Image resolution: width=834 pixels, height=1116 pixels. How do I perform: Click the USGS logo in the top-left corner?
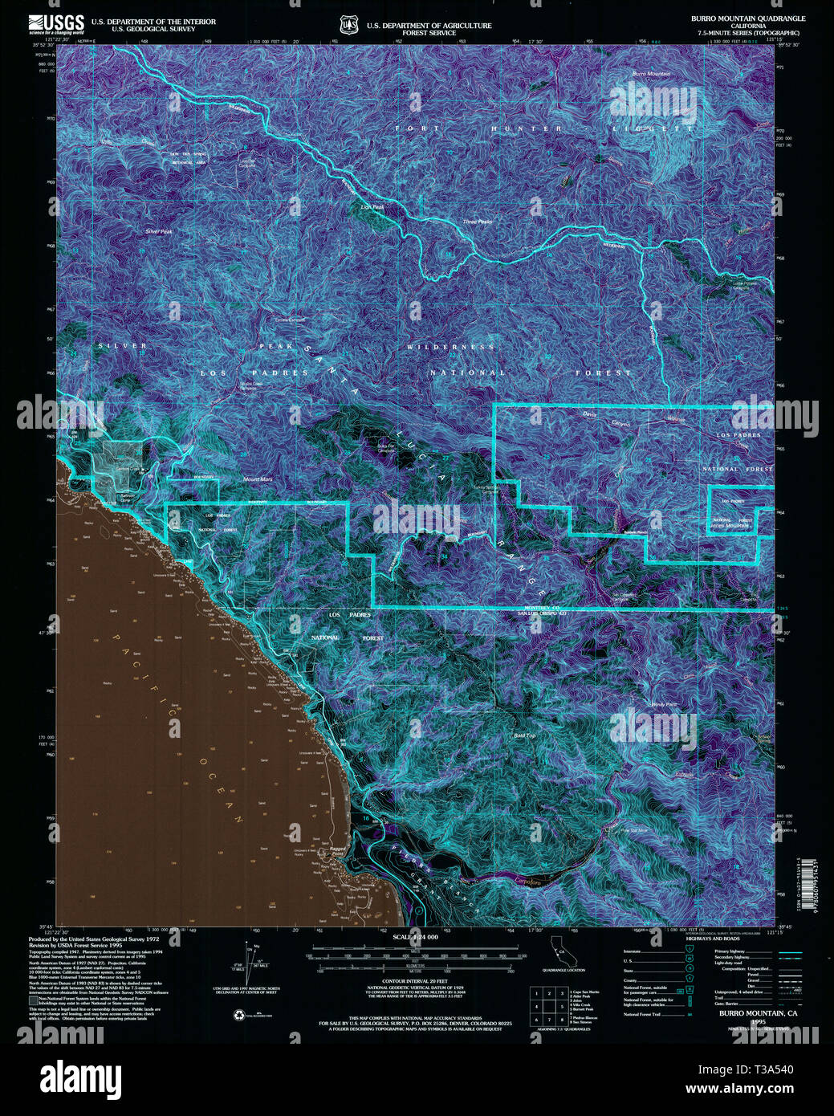(56, 23)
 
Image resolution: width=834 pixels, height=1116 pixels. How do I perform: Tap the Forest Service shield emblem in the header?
(348, 26)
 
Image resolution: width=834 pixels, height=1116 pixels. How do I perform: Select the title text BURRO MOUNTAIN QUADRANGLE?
(747, 18)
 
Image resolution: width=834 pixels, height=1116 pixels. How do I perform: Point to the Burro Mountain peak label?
(651, 74)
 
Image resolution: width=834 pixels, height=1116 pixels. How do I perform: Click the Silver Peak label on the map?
(159, 231)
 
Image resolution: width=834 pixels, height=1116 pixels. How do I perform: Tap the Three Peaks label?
(478, 222)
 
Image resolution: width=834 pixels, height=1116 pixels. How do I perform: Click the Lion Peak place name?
(372, 207)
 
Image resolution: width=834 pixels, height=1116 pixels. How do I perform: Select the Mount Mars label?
(258, 479)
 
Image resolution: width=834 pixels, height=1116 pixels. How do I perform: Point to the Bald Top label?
(524, 735)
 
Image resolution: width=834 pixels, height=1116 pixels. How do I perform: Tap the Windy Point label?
(664, 704)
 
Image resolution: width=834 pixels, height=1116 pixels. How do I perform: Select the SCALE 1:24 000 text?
(415, 937)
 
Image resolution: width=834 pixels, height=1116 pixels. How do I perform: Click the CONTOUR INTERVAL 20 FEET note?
(415, 981)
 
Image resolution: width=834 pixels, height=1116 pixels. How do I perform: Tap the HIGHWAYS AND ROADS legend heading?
(713, 939)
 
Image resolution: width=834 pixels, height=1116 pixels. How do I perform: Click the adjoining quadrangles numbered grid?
(548, 1007)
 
